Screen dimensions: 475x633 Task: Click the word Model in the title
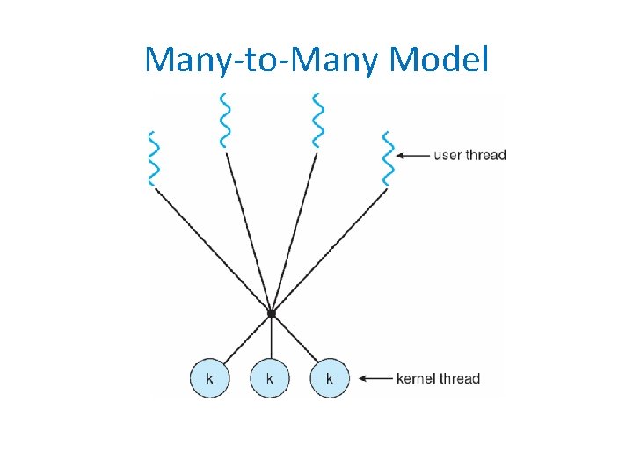click(437, 59)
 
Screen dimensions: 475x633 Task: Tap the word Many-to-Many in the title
click(262, 59)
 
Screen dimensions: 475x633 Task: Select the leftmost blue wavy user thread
click(154, 159)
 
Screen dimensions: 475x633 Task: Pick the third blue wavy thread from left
click(318, 120)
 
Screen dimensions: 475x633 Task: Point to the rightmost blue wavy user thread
click(387, 159)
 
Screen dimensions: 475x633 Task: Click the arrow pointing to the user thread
click(411, 156)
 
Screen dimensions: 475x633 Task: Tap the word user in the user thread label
click(448, 156)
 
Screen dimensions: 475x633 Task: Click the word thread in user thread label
click(487, 156)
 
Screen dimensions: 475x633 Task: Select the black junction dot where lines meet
click(272, 313)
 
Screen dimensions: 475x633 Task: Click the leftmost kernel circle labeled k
click(209, 378)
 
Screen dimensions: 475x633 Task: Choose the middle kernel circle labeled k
click(270, 378)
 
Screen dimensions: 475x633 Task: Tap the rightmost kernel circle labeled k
click(330, 378)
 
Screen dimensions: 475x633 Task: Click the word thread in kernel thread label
click(461, 379)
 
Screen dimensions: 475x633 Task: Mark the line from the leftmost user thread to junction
click(213, 250)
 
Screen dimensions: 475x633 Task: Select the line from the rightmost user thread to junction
click(329, 250)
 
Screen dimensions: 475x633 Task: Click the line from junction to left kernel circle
click(246, 340)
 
